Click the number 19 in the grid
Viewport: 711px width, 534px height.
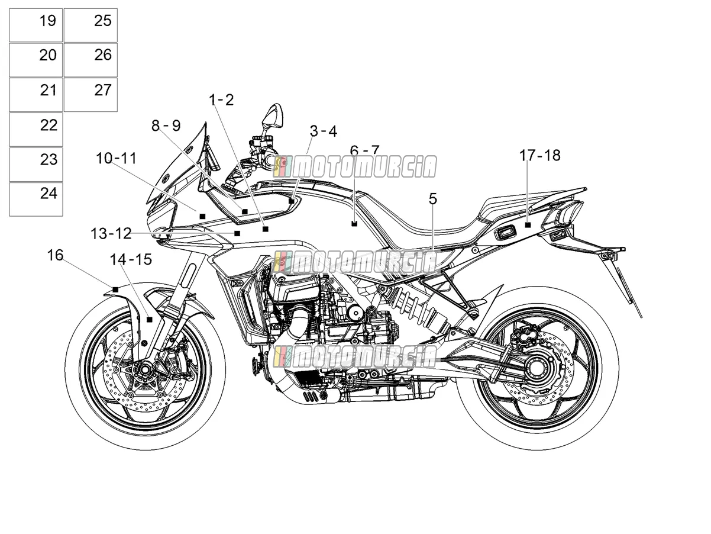47,21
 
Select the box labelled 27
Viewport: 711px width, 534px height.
91,95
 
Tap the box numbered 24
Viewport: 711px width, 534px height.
36,200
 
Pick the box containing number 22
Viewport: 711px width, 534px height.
36,130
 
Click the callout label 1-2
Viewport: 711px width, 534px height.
222,100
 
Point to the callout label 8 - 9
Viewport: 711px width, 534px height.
166,126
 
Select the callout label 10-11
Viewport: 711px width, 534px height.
117,159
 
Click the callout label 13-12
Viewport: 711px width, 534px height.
111,234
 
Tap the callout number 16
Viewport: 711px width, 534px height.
55,256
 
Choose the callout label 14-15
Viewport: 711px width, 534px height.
131,259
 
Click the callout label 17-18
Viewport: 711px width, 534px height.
539,155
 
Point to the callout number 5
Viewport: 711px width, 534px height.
433,199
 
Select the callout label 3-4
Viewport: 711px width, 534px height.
324,131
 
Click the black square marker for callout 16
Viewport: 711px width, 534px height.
115,289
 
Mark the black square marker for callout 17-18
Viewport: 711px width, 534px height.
528,225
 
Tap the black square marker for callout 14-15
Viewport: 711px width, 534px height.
149,320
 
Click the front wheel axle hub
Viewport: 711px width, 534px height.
144,369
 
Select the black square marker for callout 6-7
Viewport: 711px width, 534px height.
354,224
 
